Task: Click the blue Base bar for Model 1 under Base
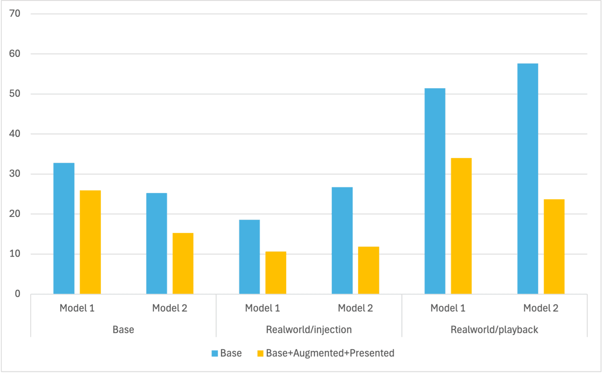64,228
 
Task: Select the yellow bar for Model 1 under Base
90,242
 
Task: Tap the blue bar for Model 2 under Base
156,243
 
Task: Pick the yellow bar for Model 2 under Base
183,263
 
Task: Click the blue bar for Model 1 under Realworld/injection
249,257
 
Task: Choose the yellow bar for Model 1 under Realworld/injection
276,272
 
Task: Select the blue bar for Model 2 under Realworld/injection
342,240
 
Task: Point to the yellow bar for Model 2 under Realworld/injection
369,270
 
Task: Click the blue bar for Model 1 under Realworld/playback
435,191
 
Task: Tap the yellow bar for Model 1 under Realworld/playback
461,226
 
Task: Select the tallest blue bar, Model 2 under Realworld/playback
528,179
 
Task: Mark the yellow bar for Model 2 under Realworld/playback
554,246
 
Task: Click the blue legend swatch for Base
215,354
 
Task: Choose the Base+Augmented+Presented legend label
330,353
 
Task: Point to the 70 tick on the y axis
15,14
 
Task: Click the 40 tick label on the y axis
15,134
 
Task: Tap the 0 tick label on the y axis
17,294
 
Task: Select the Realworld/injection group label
309,330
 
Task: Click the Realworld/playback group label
494,330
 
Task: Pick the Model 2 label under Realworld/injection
355,308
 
